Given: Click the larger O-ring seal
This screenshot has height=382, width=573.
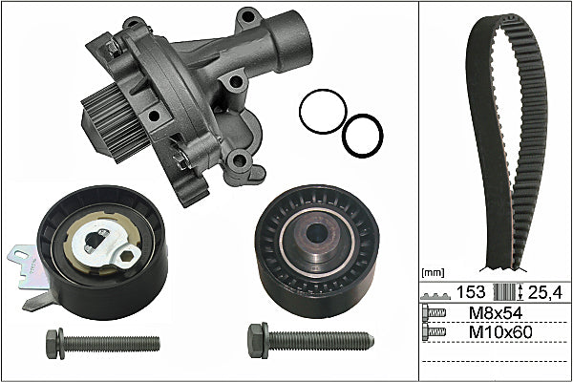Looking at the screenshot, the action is pyautogui.click(x=300, y=112).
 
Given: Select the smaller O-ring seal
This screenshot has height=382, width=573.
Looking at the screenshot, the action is pyautogui.click(x=343, y=136).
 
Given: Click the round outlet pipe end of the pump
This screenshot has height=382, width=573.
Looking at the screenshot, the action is pyautogui.click(x=292, y=41).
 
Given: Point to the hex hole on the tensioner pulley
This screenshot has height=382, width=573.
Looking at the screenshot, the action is pyautogui.click(x=126, y=256).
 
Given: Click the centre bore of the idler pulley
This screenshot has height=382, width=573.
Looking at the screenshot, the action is pyautogui.click(x=316, y=233).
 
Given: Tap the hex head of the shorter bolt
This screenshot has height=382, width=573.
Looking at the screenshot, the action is pyautogui.click(x=52, y=344).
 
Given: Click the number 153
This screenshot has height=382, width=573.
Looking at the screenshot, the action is pyautogui.click(x=471, y=291).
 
